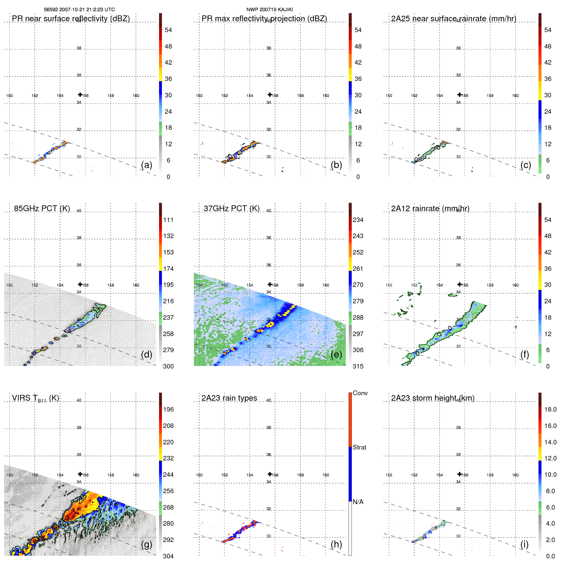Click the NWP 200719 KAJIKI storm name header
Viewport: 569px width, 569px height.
coord(270,10)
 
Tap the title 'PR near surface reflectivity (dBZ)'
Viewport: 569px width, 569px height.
coord(71,19)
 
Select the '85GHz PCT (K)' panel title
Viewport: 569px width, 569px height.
coord(42,209)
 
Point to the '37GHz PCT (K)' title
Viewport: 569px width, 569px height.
coord(231,209)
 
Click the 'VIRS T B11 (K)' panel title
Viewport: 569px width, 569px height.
coord(35,398)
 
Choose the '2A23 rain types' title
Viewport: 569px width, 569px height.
coord(229,398)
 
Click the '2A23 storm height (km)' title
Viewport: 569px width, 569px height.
coord(432,398)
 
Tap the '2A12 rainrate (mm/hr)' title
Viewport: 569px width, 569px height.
coord(430,209)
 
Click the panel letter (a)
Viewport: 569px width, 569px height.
coord(147,165)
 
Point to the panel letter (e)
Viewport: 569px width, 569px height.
coord(336,354)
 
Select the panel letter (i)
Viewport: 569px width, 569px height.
coord(524,544)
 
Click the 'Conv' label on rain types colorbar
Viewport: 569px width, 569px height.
coord(360,393)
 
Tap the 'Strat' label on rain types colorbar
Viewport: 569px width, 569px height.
coord(360,447)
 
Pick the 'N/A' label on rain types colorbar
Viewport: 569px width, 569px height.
coord(358,502)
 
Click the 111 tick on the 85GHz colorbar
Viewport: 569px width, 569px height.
coord(168,220)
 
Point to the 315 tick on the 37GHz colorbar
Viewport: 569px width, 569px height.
coord(358,366)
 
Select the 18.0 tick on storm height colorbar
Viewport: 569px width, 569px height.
coord(550,409)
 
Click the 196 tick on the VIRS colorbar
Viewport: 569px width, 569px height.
coord(168,409)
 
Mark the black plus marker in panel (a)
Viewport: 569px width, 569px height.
coord(80,94)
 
